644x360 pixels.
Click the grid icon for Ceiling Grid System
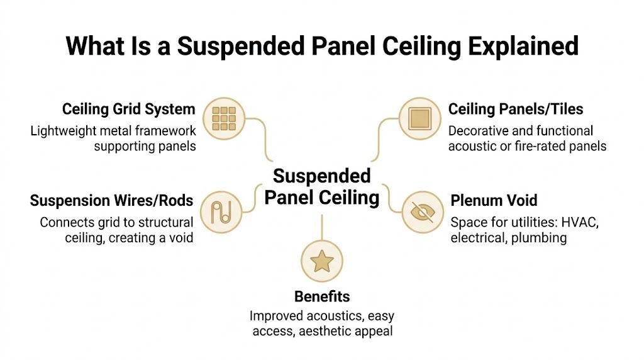tap(224, 118)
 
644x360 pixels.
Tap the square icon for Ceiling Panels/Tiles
tap(419, 118)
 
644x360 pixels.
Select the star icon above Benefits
tap(321, 261)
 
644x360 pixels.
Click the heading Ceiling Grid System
tap(128, 110)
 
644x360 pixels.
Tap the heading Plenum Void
tap(494, 201)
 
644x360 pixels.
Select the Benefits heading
tap(322, 296)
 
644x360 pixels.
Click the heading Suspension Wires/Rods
tap(111, 201)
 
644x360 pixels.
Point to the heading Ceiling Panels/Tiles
tap(516, 110)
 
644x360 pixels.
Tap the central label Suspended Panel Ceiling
tap(321, 187)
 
